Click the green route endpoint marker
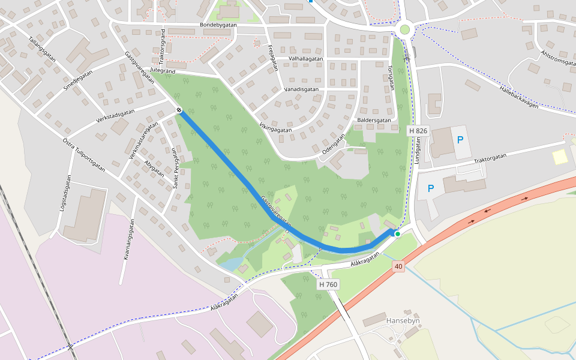pyautogui.click(x=397, y=234)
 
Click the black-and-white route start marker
pyautogui.click(x=179, y=110)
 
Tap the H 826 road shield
pyautogui.click(x=418, y=131)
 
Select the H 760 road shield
pyautogui.click(x=329, y=284)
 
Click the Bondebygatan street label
pyautogui.click(x=218, y=25)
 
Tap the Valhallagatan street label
pyautogui.click(x=306, y=59)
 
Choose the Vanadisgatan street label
pyautogui.click(x=301, y=89)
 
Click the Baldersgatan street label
pyautogui.click(x=374, y=120)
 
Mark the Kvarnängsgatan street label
pyautogui.click(x=127, y=239)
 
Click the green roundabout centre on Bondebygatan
pyautogui.click(x=405, y=29)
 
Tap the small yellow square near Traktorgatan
pyautogui.click(x=559, y=157)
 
